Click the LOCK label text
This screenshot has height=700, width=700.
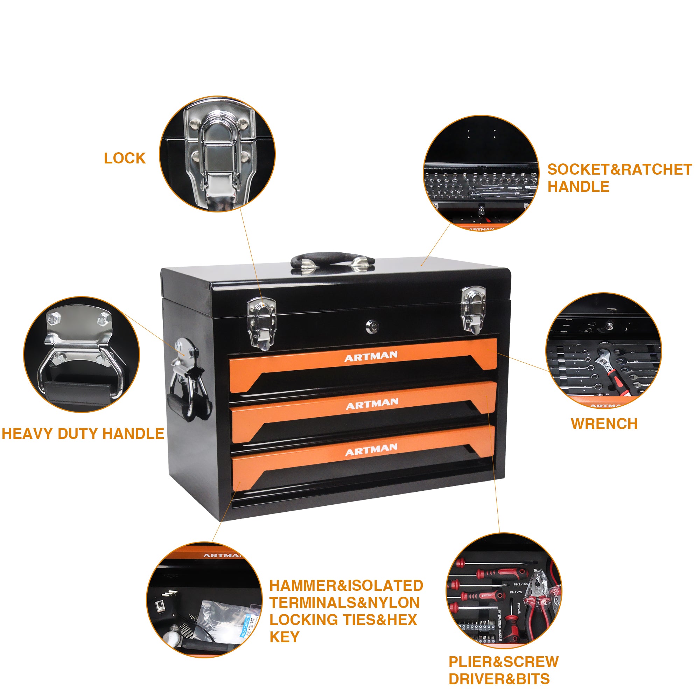pos(125,158)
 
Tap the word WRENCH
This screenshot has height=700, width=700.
pos(604,424)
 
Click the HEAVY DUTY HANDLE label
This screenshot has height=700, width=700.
pos(83,434)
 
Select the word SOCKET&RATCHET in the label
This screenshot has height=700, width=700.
pos(619,169)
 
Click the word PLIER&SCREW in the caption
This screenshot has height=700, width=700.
pos(503,661)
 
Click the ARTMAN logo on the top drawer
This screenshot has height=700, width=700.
pos(371,357)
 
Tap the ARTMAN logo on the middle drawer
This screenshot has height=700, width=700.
pos(372,404)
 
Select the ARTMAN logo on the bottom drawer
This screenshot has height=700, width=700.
pos(371,450)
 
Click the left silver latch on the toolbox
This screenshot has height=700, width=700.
pos(261,323)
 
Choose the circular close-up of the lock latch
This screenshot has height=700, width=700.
pos(217,154)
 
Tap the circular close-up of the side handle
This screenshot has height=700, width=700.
pos(82,354)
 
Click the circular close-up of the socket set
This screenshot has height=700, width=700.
pos(481,173)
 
